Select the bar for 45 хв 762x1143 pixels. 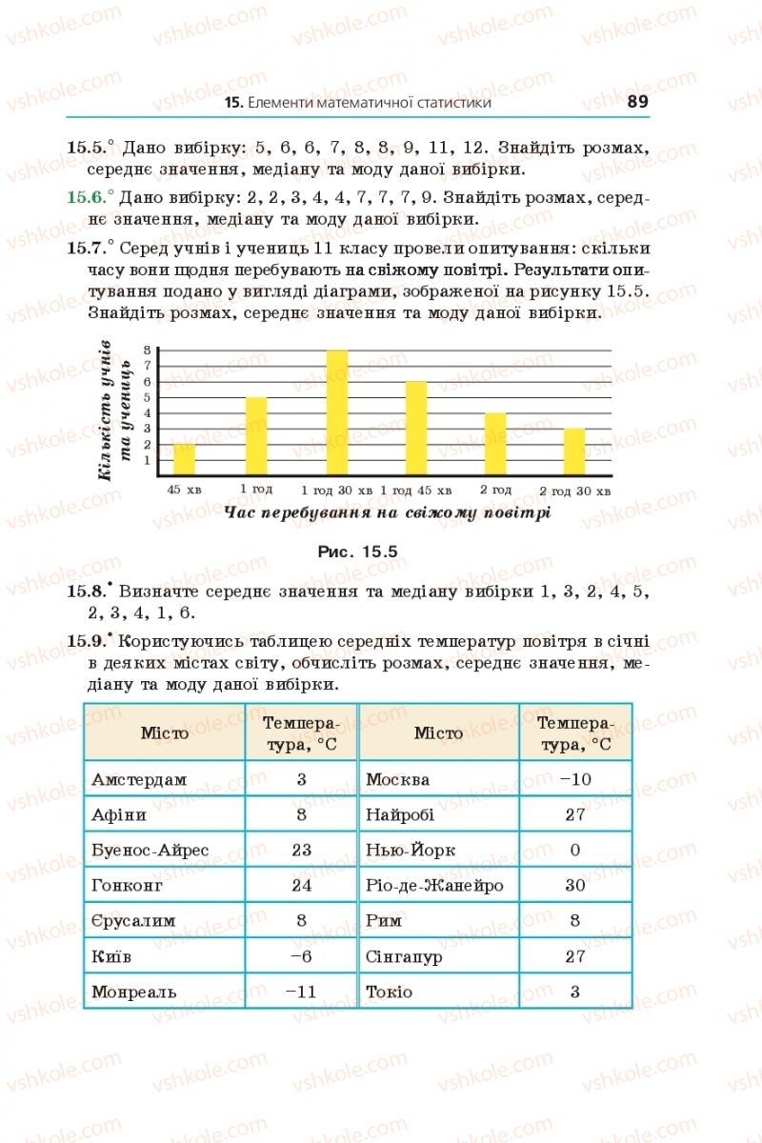point(185,459)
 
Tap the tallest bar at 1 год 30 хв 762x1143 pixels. point(337,412)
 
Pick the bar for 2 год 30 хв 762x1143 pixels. point(574,451)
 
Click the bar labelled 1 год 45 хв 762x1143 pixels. point(416,428)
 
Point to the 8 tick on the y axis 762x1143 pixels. point(149,351)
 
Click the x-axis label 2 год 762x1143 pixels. point(495,490)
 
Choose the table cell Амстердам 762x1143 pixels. point(139,779)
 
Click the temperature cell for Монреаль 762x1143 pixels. point(300,992)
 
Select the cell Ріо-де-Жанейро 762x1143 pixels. point(434,886)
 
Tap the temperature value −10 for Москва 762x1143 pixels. point(575,779)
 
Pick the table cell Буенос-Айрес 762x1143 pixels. point(150,850)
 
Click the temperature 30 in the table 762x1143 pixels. point(575,886)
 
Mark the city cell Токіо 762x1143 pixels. point(390,992)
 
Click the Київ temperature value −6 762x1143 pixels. point(300,956)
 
